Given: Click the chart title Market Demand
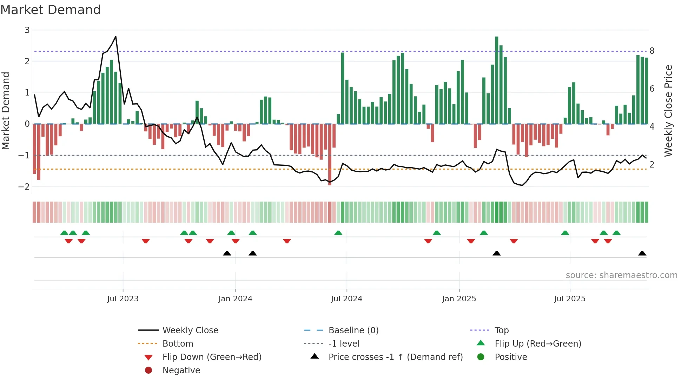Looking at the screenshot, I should coord(51,10).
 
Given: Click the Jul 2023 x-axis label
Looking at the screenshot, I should coord(123,299).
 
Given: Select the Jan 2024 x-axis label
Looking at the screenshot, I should coord(235,299).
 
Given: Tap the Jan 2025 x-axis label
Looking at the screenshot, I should coord(459,299).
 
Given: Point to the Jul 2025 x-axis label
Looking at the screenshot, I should coord(570,299).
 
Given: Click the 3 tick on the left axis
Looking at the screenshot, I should coord(27,30).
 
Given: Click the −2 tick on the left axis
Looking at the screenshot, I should coord(24,187).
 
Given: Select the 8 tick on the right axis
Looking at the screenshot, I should coord(652,51).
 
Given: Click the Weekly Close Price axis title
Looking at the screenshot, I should coord(668,111).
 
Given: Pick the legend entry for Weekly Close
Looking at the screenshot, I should coord(190,330).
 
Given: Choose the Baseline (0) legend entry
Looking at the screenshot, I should coord(353,330).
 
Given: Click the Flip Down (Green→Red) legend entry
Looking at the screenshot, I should coord(212,357).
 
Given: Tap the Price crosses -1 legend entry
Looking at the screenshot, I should coord(395,357).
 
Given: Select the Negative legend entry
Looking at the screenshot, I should coord(181,370).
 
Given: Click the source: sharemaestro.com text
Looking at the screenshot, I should coord(621,275).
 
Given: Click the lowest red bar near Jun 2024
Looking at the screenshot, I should coord(330,155).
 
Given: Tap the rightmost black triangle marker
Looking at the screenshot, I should coord(642,254).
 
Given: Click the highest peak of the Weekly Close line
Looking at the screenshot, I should coord(116,37).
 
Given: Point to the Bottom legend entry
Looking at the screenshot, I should coord(178,344).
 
